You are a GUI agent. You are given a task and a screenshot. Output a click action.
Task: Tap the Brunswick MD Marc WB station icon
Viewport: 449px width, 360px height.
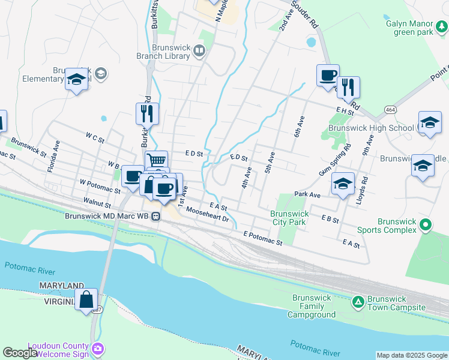tap(155, 217)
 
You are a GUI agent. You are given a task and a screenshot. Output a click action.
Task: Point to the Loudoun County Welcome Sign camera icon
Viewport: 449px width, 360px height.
tap(98, 348)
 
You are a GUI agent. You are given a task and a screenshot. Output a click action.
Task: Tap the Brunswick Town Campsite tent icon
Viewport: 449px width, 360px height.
tap(358, 301)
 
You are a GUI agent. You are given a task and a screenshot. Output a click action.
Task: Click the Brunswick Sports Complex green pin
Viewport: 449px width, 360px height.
tap(426, 225)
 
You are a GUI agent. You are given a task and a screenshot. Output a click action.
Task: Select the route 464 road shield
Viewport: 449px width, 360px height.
tap(391, 110)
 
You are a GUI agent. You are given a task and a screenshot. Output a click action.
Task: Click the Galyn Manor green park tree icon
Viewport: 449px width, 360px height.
tap(441, 26)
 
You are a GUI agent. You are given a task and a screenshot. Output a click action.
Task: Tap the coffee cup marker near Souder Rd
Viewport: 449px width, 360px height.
tap(328, 76)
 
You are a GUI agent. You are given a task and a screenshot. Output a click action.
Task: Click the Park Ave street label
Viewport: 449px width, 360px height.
tap(307, 195)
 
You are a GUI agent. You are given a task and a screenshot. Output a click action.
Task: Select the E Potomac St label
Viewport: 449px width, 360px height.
tap(262, 238)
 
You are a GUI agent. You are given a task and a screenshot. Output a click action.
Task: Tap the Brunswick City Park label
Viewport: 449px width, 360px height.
tap(289, 218)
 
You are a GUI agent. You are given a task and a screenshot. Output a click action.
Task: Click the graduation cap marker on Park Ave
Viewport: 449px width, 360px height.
tap(342, 184)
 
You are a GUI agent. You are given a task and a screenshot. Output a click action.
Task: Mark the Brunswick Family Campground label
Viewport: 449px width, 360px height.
tap(314, 306)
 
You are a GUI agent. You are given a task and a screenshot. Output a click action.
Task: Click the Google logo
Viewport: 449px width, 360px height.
tap(20, 353)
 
